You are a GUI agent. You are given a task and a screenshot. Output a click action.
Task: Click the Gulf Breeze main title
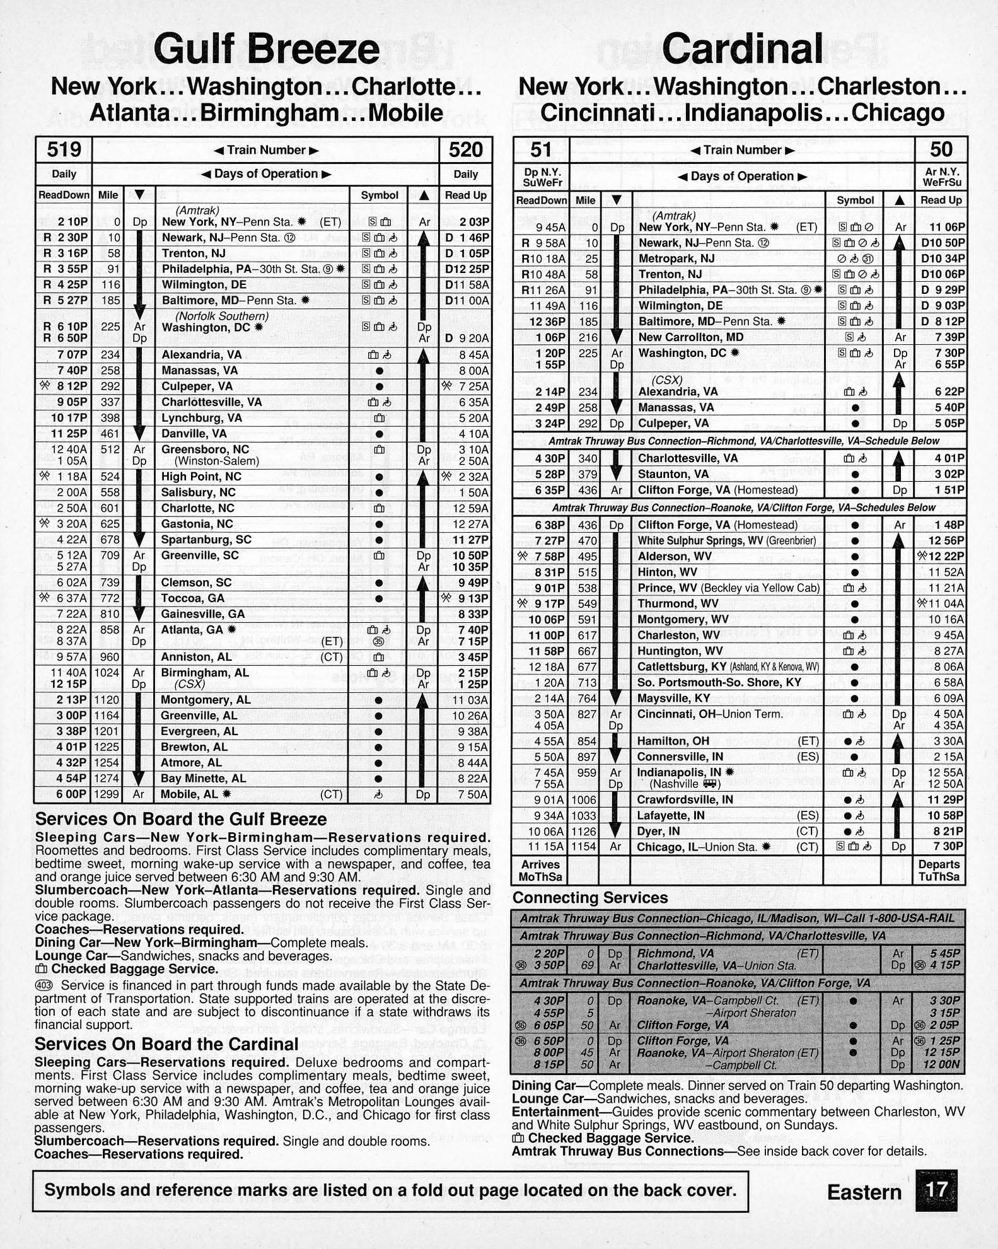coord(266,50)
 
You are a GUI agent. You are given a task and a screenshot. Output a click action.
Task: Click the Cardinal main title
coord(742,49)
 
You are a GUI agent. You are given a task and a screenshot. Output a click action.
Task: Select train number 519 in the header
coord(64,150)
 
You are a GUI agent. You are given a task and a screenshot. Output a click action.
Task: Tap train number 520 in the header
coord(465,150)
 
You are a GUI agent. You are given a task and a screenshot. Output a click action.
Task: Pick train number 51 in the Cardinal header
coord(540,150)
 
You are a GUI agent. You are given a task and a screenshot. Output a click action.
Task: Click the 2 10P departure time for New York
coord(73,222)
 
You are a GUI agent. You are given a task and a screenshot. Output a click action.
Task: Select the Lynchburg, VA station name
coord(201,418)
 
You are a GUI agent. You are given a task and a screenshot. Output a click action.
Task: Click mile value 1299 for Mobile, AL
coord(107,794)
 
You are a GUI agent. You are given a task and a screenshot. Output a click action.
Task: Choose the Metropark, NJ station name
coord(676,259)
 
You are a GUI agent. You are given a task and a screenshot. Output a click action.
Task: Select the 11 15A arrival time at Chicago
coord(547,847)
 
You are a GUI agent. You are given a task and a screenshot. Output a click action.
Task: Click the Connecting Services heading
coord(590,898)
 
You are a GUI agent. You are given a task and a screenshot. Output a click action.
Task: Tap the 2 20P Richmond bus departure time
coord(548,953)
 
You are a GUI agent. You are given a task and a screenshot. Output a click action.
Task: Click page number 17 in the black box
coord(937,1190)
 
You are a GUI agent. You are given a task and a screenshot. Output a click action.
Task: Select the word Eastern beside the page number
coord(864,1192)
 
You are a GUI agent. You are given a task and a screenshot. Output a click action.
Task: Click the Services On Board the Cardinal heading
coord(166,1045)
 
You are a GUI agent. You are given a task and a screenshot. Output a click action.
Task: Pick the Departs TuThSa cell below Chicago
coord(939,871)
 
